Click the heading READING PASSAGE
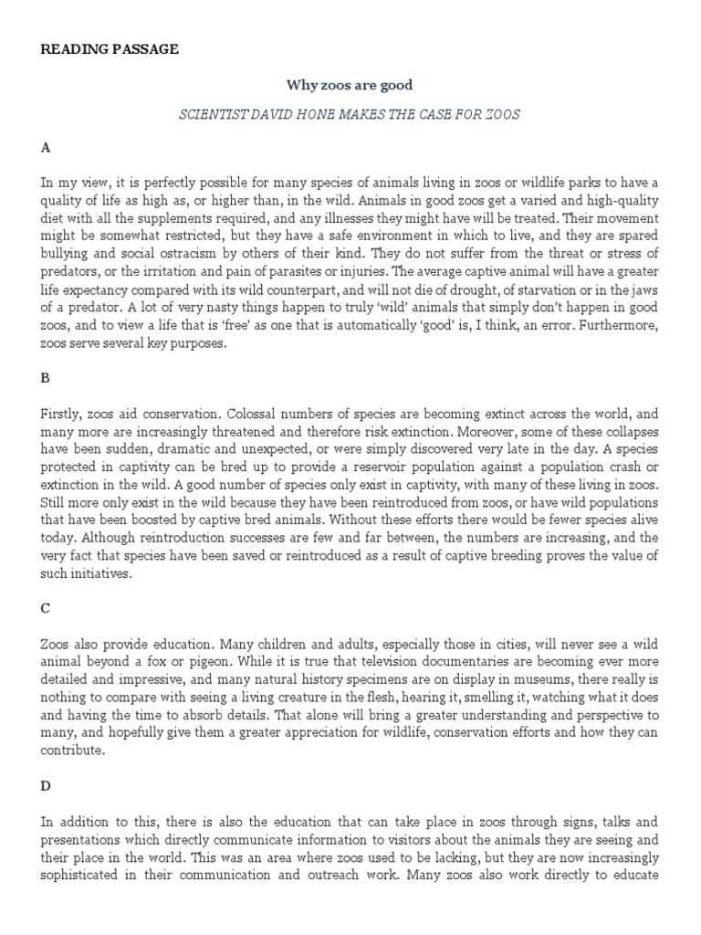tap(110, 49)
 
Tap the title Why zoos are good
tap(350, 85)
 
